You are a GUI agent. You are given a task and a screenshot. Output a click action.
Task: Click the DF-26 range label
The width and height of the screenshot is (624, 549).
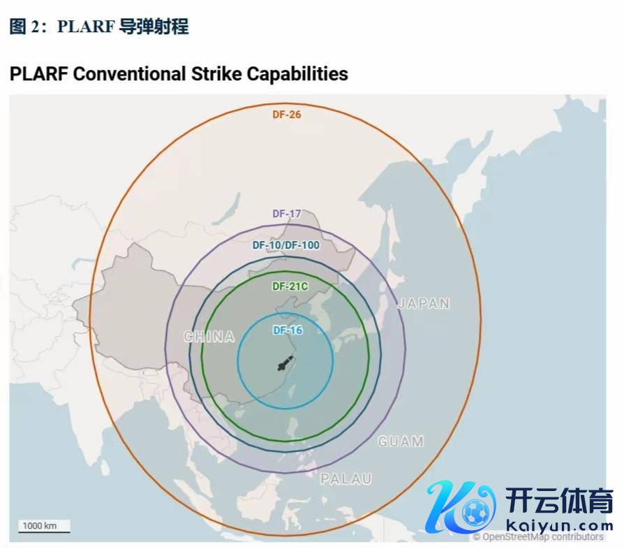point(286,114)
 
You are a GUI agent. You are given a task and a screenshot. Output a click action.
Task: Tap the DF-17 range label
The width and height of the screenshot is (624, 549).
point(286,214)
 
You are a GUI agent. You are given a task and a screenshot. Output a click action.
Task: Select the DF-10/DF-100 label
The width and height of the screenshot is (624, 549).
point(285,245)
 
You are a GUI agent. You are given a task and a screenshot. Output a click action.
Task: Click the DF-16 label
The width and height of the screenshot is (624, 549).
point(287,330)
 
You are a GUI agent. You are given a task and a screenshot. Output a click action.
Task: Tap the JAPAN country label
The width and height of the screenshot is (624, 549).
point(424,303)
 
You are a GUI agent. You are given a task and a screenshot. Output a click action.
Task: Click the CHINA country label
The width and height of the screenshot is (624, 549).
point(209,337)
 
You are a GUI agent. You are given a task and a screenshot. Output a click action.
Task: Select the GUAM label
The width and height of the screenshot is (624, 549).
point(401,441)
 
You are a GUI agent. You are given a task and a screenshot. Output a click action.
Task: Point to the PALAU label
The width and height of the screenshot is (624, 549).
point(346,479)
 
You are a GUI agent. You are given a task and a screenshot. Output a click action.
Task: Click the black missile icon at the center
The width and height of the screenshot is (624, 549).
point(285,364)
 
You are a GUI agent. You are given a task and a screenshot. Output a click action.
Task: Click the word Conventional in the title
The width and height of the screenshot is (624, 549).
point(129,73)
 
